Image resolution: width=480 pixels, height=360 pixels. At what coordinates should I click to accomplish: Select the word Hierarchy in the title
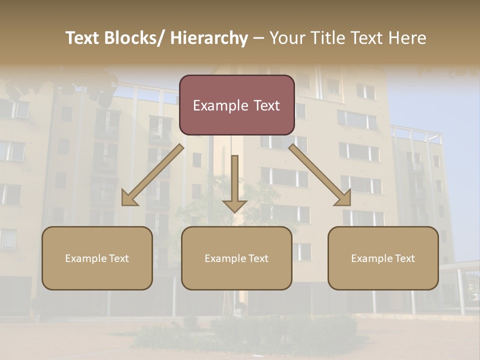tap(209, 38)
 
